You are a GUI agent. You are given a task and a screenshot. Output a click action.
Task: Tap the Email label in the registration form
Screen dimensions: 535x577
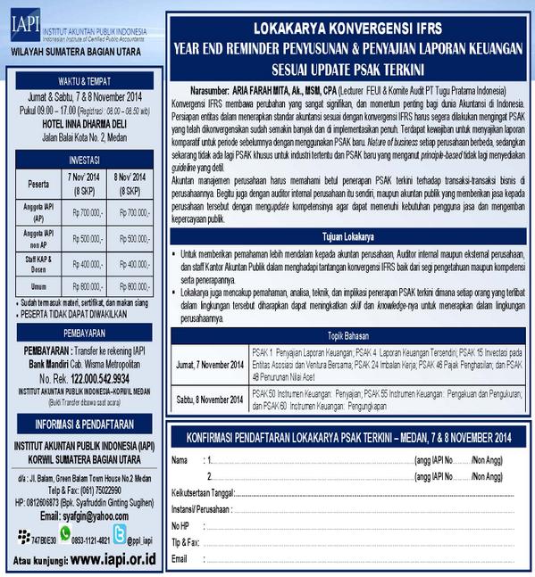click(180, 558)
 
